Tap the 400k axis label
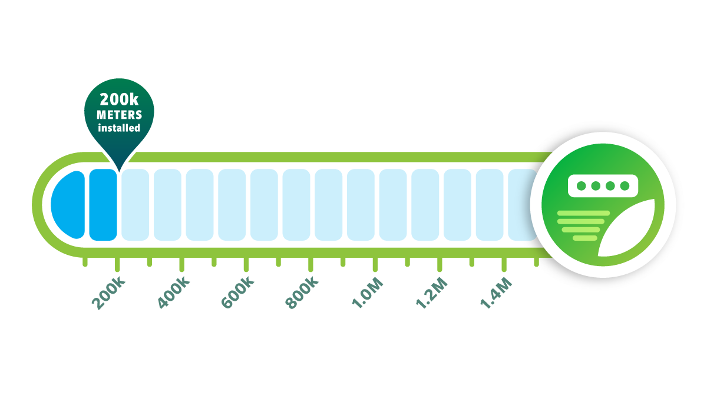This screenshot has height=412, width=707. (x=174, y=294)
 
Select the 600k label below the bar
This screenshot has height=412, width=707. (x=238, y=294)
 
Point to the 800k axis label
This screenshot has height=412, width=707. (x=302, y=294)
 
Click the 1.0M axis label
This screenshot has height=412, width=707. (x=367, y=294)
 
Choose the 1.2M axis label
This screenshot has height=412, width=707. (x=431, y=294)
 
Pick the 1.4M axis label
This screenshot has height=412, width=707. (x=495, y=294)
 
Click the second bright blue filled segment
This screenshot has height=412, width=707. (x=104, y=205)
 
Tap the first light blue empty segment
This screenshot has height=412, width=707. (x=136, y=205)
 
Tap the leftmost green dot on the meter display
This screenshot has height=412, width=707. (x=582, y=186)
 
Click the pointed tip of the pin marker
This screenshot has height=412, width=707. (x=118, y=171)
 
